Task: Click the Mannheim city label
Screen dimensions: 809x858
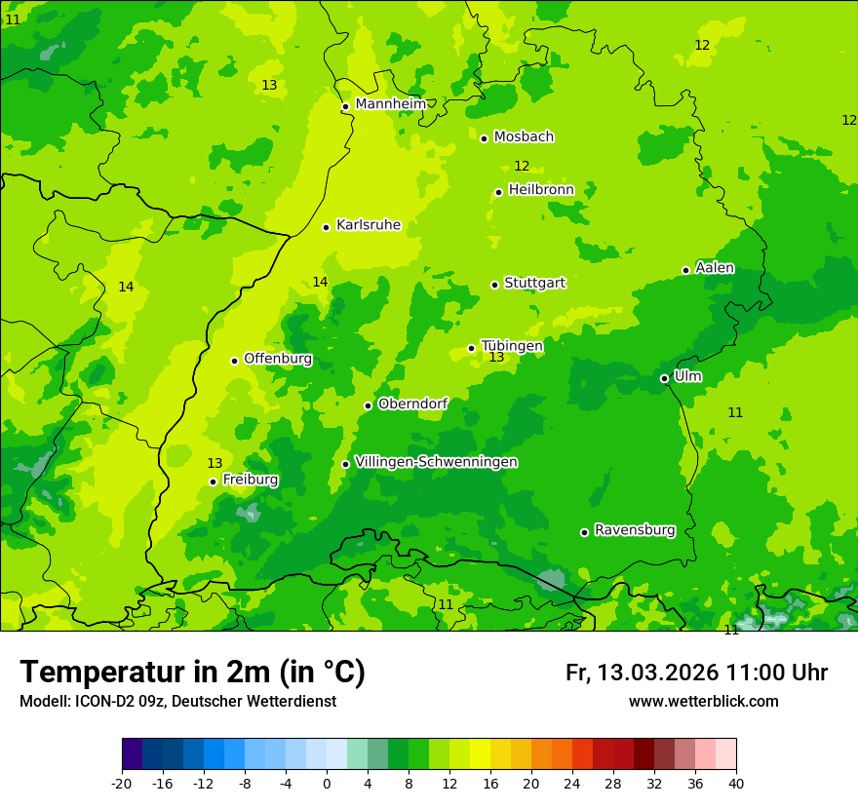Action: click(390, 104)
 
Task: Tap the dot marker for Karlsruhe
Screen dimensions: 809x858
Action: click(326, 227)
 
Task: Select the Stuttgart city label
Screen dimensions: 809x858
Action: click(534, 284)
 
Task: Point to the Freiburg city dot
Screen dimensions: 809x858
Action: click(213, 482)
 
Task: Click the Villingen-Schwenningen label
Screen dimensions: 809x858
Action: click(436, 462)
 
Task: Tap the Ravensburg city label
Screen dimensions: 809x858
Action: click(635, 530)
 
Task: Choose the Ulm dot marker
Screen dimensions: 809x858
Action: click(664, 378)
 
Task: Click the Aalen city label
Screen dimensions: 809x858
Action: click(715, 268)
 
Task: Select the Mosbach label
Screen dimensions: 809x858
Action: click(524, 137)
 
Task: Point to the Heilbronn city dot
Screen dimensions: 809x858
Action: click(498, 192)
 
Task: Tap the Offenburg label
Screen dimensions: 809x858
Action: click(278, 359)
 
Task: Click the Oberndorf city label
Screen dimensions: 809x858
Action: click(412, 404)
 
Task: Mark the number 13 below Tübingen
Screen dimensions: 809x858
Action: click(496, 358)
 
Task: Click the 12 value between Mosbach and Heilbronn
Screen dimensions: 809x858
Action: click(522, 167)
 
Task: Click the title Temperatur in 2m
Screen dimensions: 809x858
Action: click(192, 673)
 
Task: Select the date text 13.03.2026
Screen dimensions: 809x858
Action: click(658, 673)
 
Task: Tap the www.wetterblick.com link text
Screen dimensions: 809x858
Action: click(703, 702)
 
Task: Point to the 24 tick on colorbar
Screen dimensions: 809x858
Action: click(572, 783)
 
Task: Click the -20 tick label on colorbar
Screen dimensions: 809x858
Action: click(122, 783)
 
